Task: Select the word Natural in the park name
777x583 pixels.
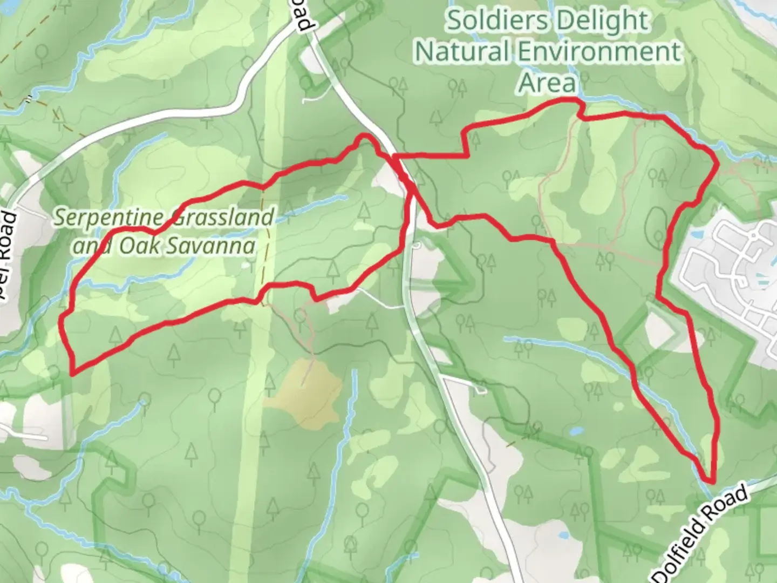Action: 462,52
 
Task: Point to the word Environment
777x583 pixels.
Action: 599,52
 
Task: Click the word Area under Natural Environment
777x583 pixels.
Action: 547,83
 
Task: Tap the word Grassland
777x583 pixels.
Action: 221,218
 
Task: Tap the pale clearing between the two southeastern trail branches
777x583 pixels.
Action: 660,327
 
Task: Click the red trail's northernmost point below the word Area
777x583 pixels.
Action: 564,100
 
